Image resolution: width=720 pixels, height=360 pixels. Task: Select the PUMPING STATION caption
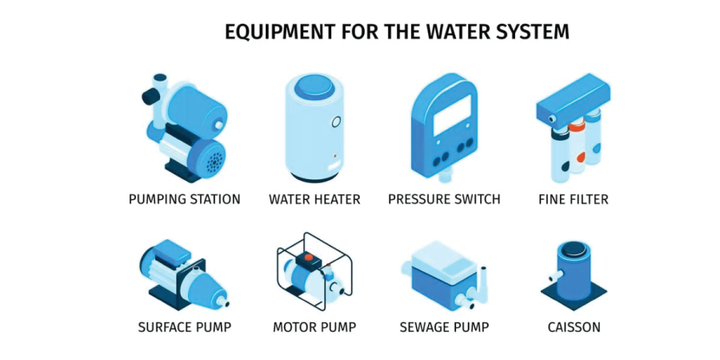pyautogui.click(x=184, y=199)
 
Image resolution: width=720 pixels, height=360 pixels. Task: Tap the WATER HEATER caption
pyautogui.click(x=314, y=199)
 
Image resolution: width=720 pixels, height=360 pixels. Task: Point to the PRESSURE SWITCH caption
pyautogui.click(x=444, y=199)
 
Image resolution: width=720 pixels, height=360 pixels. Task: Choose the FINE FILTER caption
pyautogui.click(x=573, y=199)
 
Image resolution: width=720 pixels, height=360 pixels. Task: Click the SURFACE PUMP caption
pyautogui.click(x=184, y=327)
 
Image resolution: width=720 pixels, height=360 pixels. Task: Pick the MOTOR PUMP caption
pyautogui.click(x=314, y=327)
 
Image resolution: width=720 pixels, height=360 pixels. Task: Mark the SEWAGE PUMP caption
pyautogui.click(x=444, y=327)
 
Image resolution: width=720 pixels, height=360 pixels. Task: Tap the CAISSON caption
pyautogui.click(x=574, y=327)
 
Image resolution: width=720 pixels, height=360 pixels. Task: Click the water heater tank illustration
pyautogui.click(x=314, y=128)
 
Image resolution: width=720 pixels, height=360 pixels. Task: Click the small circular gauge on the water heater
pyautogui.click(x=337, y=122)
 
